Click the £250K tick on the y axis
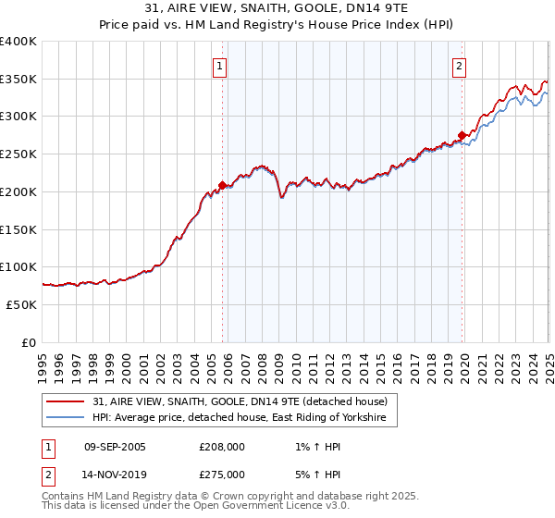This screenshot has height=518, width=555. click(18, 154)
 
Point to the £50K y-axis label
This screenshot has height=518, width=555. click(21, 304)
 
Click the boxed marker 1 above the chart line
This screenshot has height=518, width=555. click(220, 66)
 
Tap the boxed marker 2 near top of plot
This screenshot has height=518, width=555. click(459, 66)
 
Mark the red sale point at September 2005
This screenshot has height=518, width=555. click(222, 185)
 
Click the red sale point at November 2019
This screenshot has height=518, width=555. click(462, 135)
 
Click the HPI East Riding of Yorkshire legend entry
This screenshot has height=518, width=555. click(244, 418)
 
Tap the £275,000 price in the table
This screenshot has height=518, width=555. click(223, 474)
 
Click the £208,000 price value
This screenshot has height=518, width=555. click(223, 447)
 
